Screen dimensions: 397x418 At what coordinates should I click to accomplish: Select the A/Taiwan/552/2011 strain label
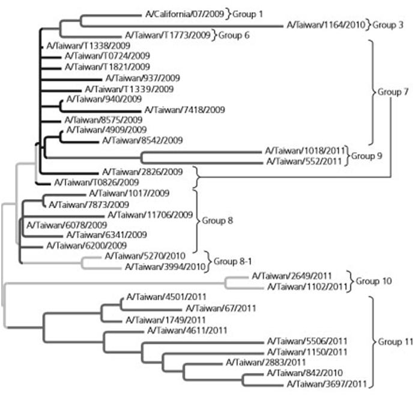[306, 161]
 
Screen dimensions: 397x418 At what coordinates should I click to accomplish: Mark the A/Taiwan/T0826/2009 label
[89, 181]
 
